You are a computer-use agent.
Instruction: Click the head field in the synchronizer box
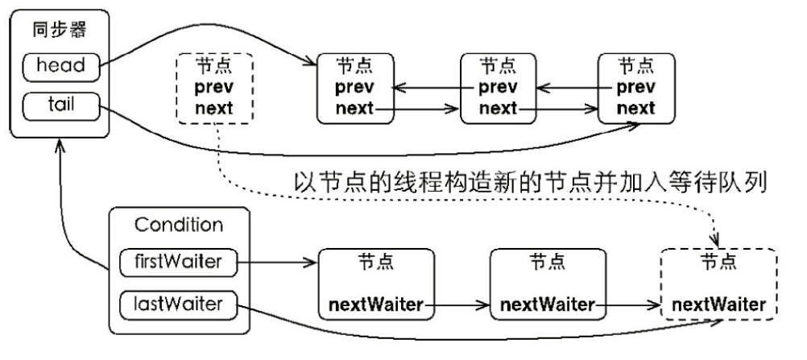pyautogui.click(x=61, y=66)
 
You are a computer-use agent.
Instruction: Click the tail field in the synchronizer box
pyautogui.click(x=61, y=105)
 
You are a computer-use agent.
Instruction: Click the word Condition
pyautogui.click(x=179, y=225)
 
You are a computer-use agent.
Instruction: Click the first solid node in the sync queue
pyautogui.click(x=354, y=89)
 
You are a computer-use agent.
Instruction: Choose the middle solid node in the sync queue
pyautogui.click(x=498, y=89)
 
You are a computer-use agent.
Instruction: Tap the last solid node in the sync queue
pyautogui.click(x=635, y=89)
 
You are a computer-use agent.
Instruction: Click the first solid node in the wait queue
pyautogui.click(x=376, y=283)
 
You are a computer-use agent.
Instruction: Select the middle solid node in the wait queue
pyautogui.click(x=547, y=283)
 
